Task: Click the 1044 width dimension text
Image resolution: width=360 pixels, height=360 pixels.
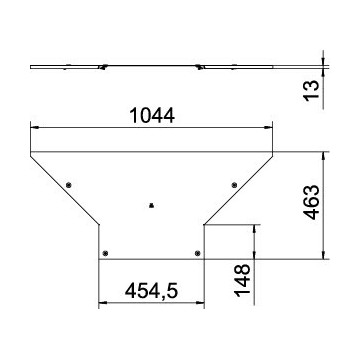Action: click(152, 115)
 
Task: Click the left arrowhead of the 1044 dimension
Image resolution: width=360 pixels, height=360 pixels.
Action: click(34, 128)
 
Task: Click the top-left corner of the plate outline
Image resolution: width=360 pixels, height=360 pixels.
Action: click(30, 152)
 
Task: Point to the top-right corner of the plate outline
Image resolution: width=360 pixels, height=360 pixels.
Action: click(274, 152)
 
